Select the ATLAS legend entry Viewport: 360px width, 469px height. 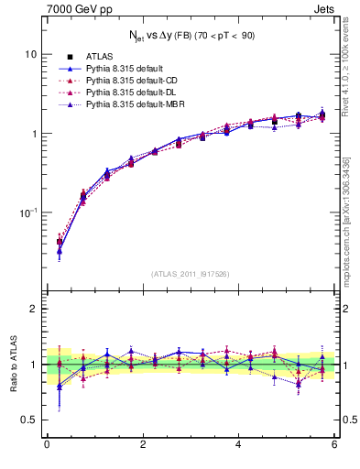(x=99, y=58)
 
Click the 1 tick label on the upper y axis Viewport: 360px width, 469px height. (x=34, y=134)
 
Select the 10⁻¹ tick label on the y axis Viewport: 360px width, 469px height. (x=28, y=213)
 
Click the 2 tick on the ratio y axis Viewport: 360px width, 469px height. (x=34, y=310)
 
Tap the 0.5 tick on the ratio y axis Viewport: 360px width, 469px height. (x=29, y=420)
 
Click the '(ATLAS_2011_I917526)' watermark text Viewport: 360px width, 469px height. (x=191, y=273)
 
